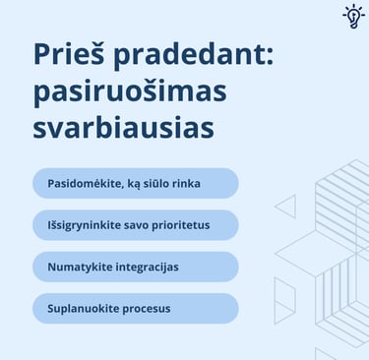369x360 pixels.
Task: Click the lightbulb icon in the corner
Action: (x=352, y=18)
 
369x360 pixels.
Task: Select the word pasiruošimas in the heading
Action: (x=129, y=93)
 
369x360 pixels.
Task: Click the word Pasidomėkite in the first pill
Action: (x=86, y=184)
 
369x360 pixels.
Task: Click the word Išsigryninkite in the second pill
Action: (x=87, y=225)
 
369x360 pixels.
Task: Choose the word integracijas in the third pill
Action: (x=147, y=267)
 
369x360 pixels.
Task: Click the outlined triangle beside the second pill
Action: (x=286, y=207)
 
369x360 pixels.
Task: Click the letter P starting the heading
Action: (x=42, y=54)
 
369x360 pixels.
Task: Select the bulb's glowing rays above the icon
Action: (x=352, y=7)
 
